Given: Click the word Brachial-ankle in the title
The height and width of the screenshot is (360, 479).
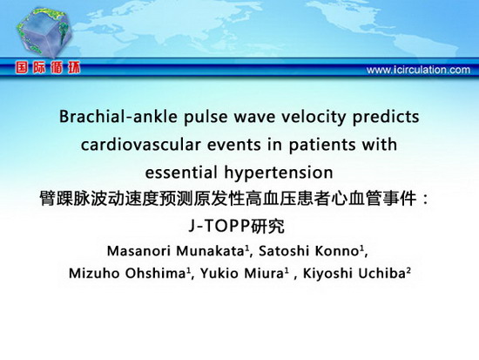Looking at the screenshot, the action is pyautogui.click(x=118, y=117).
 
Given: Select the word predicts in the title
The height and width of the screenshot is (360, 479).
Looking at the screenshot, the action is pyautogui.click(x=386, y=118).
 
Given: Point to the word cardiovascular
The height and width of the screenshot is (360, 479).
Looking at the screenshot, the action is pyautogui.click(x=141, y=145).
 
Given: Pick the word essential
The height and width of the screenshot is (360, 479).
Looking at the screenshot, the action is pyautogui.click(x=181, y=173).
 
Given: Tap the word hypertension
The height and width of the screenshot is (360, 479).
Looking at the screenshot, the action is pyautogui.click(x=279, y=173).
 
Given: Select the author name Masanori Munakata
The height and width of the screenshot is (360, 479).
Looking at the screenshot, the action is pyautogui.click(x=175, y=251).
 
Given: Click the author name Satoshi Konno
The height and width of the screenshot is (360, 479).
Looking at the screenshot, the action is pyautogui.click(x=308, y=251).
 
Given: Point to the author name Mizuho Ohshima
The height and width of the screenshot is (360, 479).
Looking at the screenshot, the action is pyautogui.click(x=127, y=273).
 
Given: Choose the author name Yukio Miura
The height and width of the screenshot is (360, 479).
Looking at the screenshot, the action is pyautogui.click(x=242, y=273).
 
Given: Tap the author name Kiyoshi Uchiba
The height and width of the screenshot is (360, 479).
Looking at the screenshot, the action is pyautogui.click(x=354, y=273).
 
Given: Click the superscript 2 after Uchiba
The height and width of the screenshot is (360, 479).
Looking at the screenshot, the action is pyautogui.click(x=408, y=270).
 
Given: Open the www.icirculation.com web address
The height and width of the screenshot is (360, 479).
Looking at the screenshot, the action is pyautogui.click(x=418, y=70).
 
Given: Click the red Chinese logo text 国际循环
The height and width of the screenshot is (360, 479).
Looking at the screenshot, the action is pyautogui.click(x=48, y=68).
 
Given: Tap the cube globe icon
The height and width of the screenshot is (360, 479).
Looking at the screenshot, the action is pyautogui.click(x=44, y=32).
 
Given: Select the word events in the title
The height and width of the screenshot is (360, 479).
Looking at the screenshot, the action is pyautogui.click(x=234, y=145).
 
